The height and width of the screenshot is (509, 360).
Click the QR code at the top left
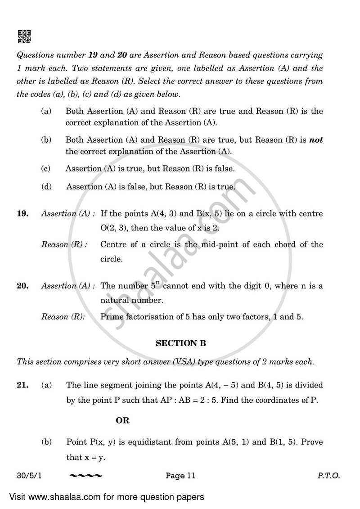(24, 37)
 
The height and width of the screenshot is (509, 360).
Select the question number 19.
(22, 214)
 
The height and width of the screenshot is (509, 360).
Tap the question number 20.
(22, 286)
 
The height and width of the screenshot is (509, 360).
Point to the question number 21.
(22, 385)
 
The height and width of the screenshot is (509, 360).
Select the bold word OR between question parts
(122, 420)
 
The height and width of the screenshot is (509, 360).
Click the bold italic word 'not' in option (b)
(316, 140)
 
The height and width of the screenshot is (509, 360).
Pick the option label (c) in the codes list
(45, 168)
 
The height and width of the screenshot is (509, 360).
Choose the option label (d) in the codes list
(45, 186)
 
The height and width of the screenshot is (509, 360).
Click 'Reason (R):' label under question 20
(63, 317)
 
